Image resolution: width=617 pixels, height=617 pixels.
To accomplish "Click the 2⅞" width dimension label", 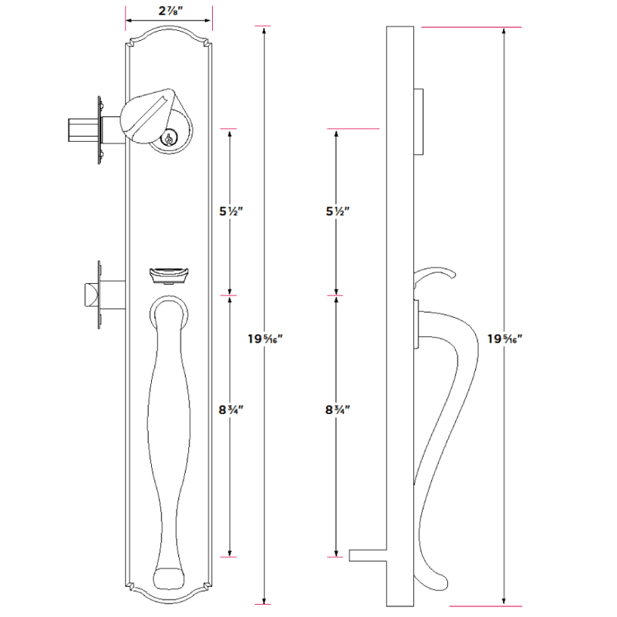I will (168, 11).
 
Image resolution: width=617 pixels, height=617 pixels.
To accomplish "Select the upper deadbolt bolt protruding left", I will (80, 129).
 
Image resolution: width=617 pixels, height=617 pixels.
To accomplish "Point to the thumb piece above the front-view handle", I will (168, 275).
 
